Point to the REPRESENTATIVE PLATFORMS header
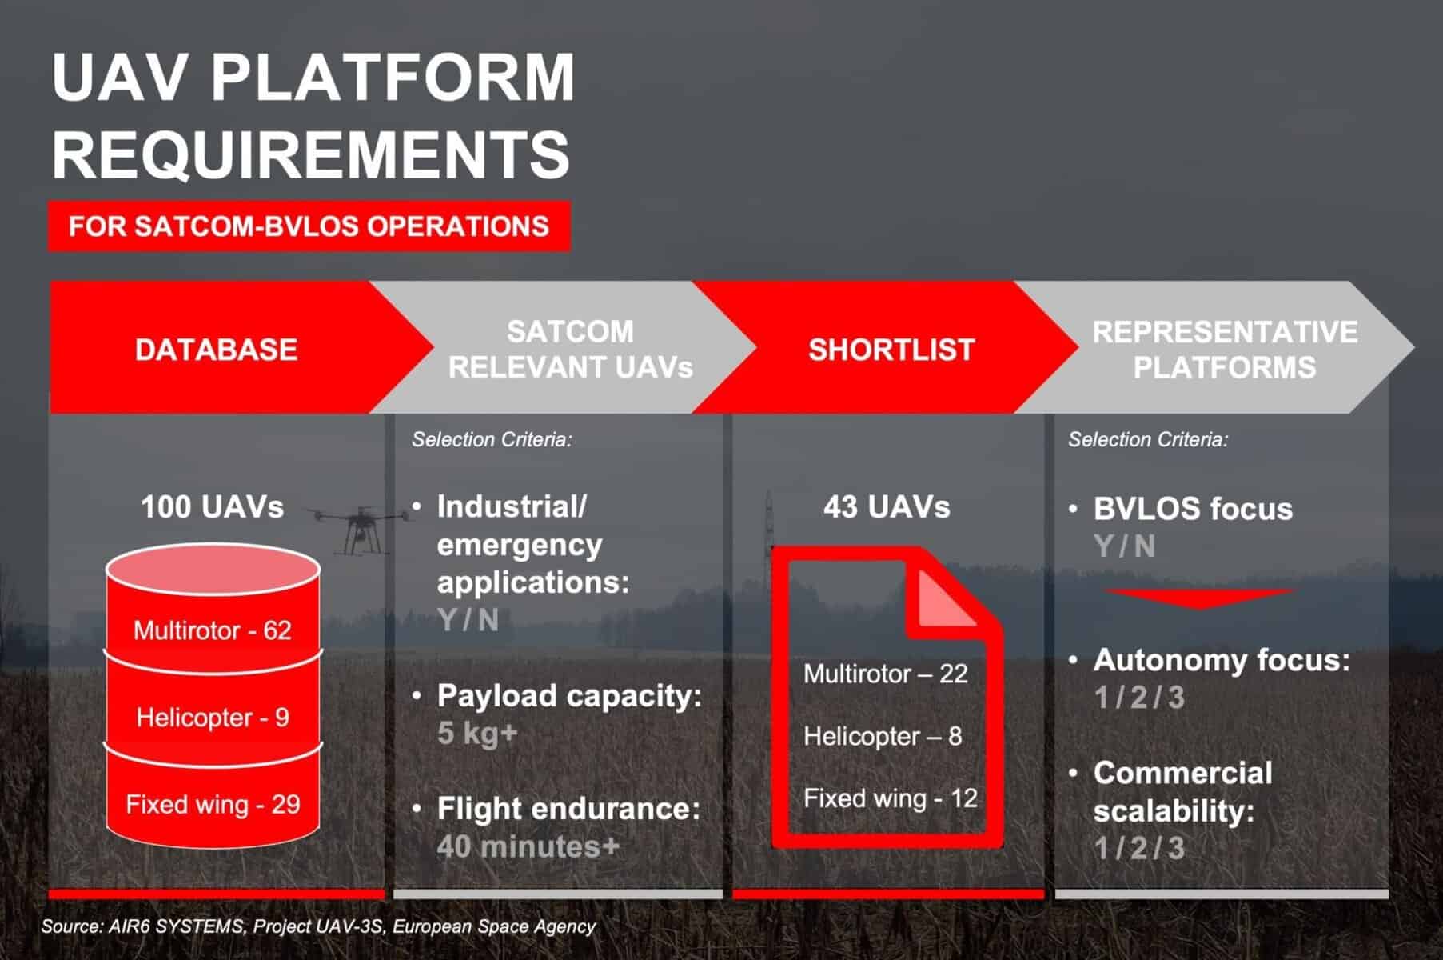pyautogui.click(x=1224, y=349)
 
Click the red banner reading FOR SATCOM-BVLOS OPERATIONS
pyautogui.click(x=309, y=226)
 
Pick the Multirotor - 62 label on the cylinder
pyautogui.click(x=213, y=630)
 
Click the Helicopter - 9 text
pyautogui.click(x=213, y=717)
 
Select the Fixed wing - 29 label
pyautogui.click(x=213, y=804)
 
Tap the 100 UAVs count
pyautogui.click(x=213, y=506)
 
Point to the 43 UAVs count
pyautogui.click(x=887, y=506)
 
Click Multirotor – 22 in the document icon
pyautogui.click(x=886, y=674)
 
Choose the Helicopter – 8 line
pyautogui.click(x=883, y=736)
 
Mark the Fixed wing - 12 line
pyautogui.click(x=891, y=798)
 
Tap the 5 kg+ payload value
pyautogui.click(x=478, y=733)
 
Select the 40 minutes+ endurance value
pyautogui.click(x=528, y=846)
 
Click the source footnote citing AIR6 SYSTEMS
pyautogui.click(x=318, y=926)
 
